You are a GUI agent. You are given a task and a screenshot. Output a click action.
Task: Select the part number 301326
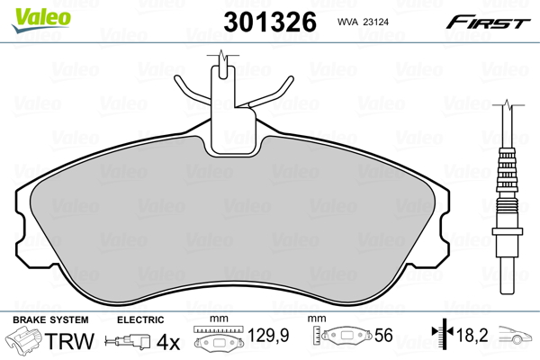(270, 22)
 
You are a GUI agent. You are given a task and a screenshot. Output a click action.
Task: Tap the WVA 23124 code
(363, 22)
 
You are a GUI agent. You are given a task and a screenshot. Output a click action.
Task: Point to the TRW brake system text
(69, 341)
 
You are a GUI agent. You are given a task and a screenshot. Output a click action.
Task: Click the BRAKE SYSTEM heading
(50, 319)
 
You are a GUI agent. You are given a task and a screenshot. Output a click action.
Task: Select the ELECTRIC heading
(140, 319)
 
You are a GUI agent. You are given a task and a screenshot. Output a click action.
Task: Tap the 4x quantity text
(168, 342)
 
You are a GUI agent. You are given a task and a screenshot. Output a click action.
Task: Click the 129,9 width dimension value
(268, 335)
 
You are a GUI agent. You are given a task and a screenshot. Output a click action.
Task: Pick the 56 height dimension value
(383, 335)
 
